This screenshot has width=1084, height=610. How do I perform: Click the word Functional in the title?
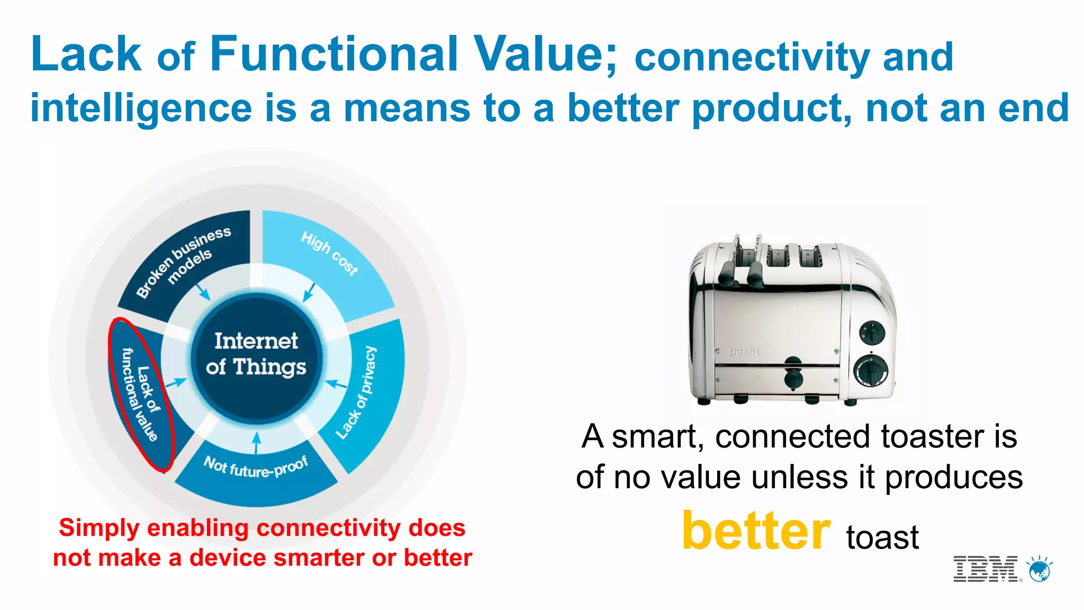333,54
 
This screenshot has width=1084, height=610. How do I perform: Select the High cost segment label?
329,253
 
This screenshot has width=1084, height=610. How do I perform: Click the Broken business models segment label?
184,262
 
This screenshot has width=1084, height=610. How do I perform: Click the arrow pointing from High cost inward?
309,293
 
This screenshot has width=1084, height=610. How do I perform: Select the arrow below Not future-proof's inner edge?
257,443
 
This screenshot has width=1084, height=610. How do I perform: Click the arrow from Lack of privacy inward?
335,383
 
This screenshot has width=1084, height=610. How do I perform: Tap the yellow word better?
756,531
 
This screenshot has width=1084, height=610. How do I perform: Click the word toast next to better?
882,537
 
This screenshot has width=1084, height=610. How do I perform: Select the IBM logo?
986,569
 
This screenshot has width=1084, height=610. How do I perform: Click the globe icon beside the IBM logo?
1039,570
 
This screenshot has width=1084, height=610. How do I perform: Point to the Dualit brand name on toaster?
744,352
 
